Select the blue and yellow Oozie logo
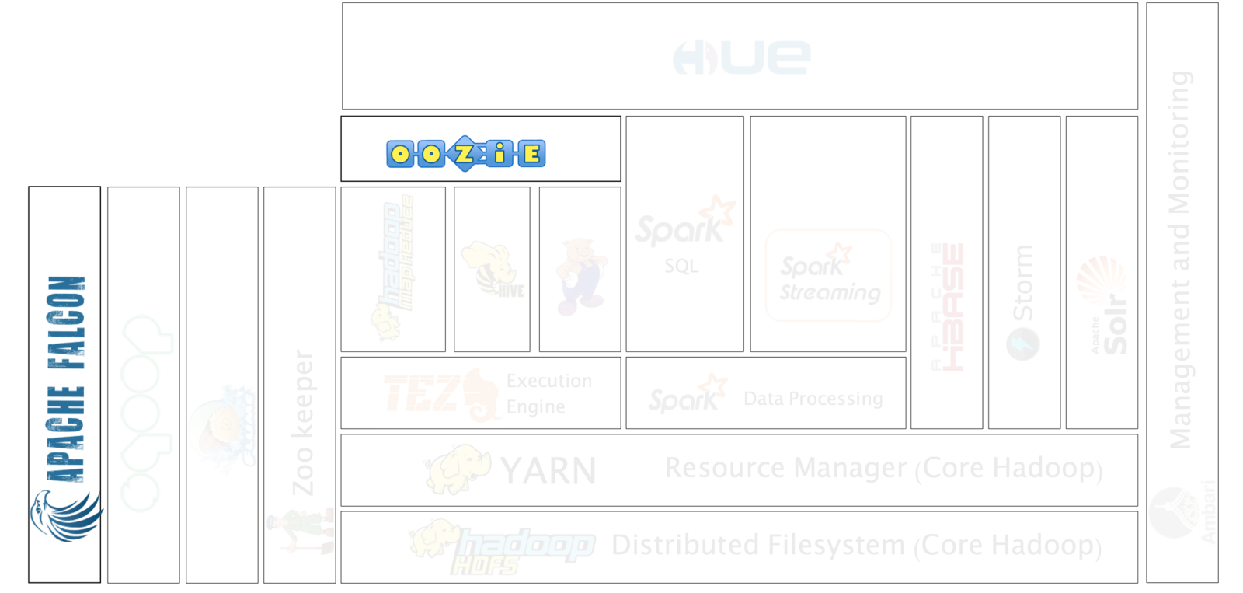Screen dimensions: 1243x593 pos(466,153)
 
